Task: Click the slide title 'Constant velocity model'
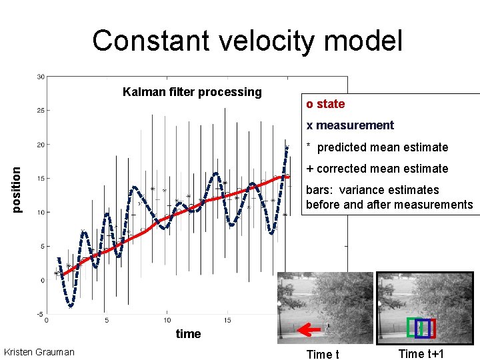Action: (x=247, y=41)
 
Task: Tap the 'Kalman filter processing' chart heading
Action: (x=192, y=92)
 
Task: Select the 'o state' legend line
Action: (x=325, y=104)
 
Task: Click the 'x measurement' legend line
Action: (x=350, y=125)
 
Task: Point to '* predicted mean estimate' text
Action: (x=377, y=147)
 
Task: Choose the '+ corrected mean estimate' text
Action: (x=377, y=169)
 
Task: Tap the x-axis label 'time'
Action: (x=188, y=334)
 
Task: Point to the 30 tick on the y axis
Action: (x=40, y=76)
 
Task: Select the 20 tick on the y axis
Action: (x=40, y=145)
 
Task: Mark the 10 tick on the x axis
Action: (x=167, y=321)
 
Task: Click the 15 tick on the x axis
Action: (x=228, y=321)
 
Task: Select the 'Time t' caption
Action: (x=322, y=354)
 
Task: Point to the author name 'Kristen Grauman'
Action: (x=39, y=352)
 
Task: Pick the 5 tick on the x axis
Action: (x=107, y=321)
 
